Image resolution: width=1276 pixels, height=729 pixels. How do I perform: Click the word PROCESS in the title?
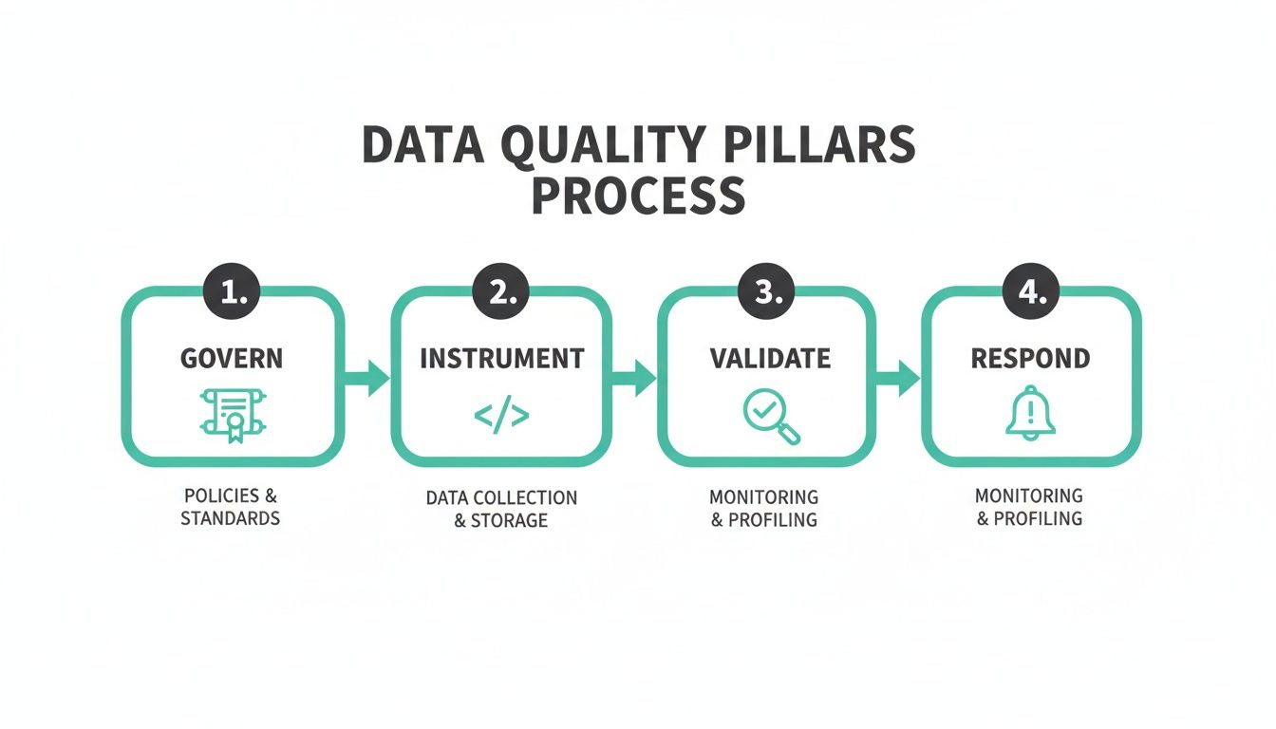tap(638, 195)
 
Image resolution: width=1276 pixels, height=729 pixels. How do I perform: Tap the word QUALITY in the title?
tap(557, 145)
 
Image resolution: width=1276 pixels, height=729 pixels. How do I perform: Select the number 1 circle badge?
tap(232, 293)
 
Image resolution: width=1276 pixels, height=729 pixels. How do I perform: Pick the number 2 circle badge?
tap(500, 293)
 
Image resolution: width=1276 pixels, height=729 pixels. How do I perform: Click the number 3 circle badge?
tap(765, 293)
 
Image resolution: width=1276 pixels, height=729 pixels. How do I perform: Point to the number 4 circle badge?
tap(1031, 293)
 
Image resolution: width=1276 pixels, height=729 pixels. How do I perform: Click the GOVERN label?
tap(232, 358)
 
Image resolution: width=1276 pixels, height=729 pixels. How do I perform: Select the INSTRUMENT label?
tap(501, 358)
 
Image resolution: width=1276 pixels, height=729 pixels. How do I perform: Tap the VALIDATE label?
tap(770, 358)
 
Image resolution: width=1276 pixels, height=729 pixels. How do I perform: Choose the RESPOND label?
tap(1030, 358)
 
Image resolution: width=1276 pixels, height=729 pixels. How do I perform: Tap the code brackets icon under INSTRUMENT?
tap(501, 416)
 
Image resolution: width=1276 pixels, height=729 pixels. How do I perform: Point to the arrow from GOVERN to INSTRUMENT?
tap(366, 379)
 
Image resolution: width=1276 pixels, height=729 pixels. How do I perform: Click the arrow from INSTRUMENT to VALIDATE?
tap(633, 379)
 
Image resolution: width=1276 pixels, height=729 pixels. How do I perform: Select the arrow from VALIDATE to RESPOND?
tap(897, 379)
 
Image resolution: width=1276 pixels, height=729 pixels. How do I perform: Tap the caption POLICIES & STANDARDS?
tap(231, 508)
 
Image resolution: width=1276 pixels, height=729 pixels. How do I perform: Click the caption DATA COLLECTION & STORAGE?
tap(501, 509)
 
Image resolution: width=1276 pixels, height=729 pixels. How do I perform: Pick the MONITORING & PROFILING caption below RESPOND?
tap(1029, 507)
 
